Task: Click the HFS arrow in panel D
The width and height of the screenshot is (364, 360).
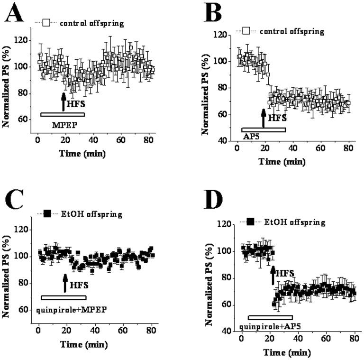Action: pos(273,276)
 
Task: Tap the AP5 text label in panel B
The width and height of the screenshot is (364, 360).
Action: pos(250,136)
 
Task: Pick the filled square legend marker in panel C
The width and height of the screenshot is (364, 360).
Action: pos(46,214)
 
